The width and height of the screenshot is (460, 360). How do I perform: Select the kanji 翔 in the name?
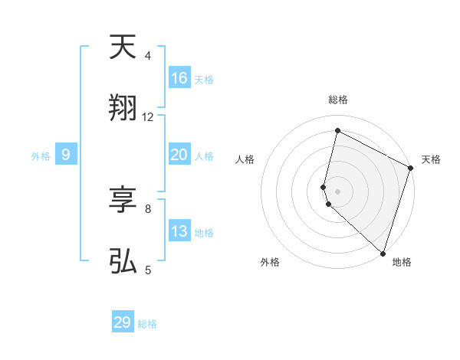click(x=123, y=109)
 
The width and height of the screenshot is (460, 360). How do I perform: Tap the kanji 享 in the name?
click(x=123, y=201)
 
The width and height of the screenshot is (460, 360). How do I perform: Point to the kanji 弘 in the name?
click(x=123, y=262)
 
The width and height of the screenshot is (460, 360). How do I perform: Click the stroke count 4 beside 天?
click(x=148, y=56)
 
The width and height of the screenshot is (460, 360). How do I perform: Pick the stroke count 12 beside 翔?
click(x=148, y=117)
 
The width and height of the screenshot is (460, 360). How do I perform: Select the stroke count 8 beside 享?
click(x=148, y=208)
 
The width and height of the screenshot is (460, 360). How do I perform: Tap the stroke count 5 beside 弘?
click(x=148, y=270)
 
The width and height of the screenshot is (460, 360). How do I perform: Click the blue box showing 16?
click(x=179, y=78)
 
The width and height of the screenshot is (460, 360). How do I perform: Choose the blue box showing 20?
click(x=179, y=155)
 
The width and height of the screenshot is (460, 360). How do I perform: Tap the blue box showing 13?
click(x=179, y=231)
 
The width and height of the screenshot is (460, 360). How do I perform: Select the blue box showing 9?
click(x=66, y=155)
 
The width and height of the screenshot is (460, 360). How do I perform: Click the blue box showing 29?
click(x=123, y=322)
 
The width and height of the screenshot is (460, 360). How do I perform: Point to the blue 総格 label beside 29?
click(x=147, y=324)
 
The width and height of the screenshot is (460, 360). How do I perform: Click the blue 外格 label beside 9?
click(x=41, y=156)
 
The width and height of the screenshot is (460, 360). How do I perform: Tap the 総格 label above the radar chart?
click(x=337, y=100)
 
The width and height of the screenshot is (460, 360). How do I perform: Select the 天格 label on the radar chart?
click(x=431, y=159)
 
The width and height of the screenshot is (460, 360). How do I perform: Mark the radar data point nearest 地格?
click(x=383, y=254)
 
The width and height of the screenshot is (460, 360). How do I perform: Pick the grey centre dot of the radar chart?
click(x=337, y=191)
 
